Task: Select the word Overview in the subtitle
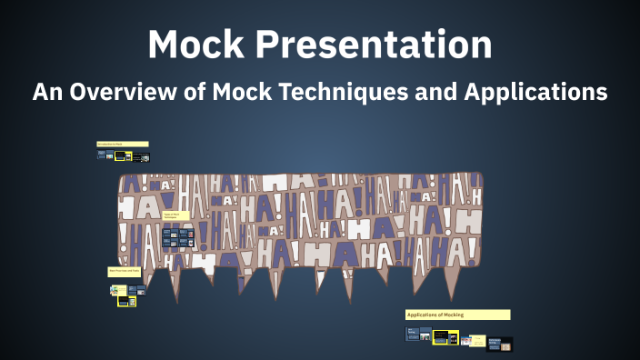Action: pos(126,92)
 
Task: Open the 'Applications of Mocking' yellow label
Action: pos(457,315)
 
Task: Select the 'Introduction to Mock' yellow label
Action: pos(122,145)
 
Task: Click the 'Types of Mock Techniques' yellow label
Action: pos(176,216)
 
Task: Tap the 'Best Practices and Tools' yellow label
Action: pos(125,271)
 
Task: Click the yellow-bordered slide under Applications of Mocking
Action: pos(445,336)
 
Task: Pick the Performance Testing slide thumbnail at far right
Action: pos(501,344)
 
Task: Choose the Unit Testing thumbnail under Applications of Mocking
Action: pos(417,335)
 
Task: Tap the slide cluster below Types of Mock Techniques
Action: pos(178,238)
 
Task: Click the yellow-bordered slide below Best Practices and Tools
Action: pos(125,301)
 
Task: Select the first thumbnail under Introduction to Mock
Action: pos(101,155)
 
